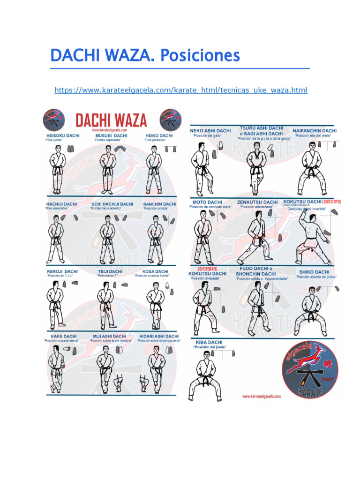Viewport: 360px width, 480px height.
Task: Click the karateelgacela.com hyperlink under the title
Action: tap(181, 90)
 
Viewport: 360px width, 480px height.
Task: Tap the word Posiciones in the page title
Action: tap(200, 56)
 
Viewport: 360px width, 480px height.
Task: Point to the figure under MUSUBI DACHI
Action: tap(107, 169)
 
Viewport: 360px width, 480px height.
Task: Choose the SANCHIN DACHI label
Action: tap(160, 204)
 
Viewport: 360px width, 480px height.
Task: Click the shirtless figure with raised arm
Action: tap(310, 237)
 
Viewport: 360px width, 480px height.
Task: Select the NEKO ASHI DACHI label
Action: tap(210, 131)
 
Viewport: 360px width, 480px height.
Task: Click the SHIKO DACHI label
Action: tap(314, 272)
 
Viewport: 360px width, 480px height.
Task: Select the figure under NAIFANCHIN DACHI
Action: tap(311, 168)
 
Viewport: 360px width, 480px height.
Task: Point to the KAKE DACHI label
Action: tap(64, 336)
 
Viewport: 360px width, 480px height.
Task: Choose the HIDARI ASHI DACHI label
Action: tap(159, 336)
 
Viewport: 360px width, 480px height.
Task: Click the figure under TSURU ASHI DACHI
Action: tap(256, 168)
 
